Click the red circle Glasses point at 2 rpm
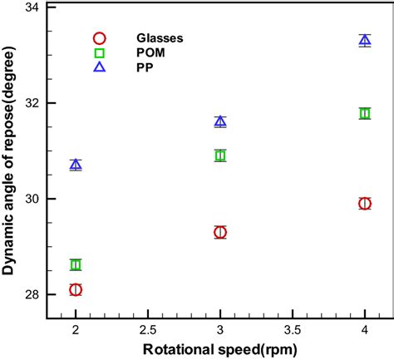click(x=76, y=289)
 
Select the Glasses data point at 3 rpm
click(x=220, y=232)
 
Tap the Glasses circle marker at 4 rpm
click(x=365, y=203)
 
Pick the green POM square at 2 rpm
click(x=76, y=264)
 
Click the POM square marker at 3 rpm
click(x=220, y=155)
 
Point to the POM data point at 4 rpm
click(x=365, y=113)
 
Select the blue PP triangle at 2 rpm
click(x=76, y=165)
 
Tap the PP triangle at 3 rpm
click(x=220, y=121)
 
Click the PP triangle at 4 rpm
click(x=365, y=40)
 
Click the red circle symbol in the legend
click(x=100, y=37)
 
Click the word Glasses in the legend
click(x=160, y=37)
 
